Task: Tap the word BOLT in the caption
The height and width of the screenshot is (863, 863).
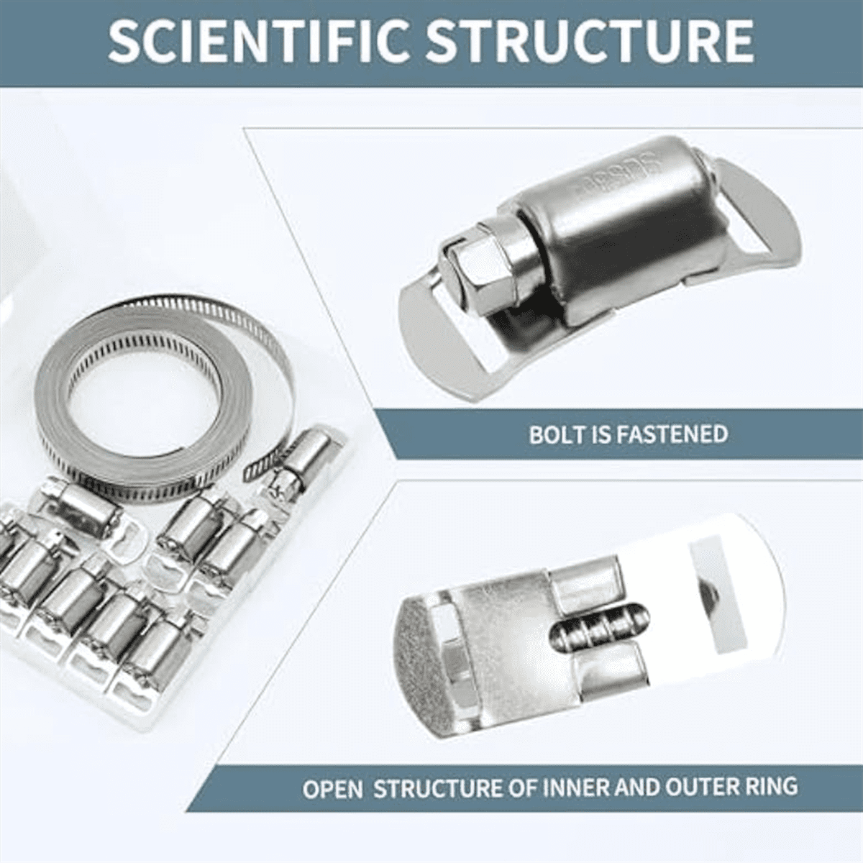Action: click(557, 434)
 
